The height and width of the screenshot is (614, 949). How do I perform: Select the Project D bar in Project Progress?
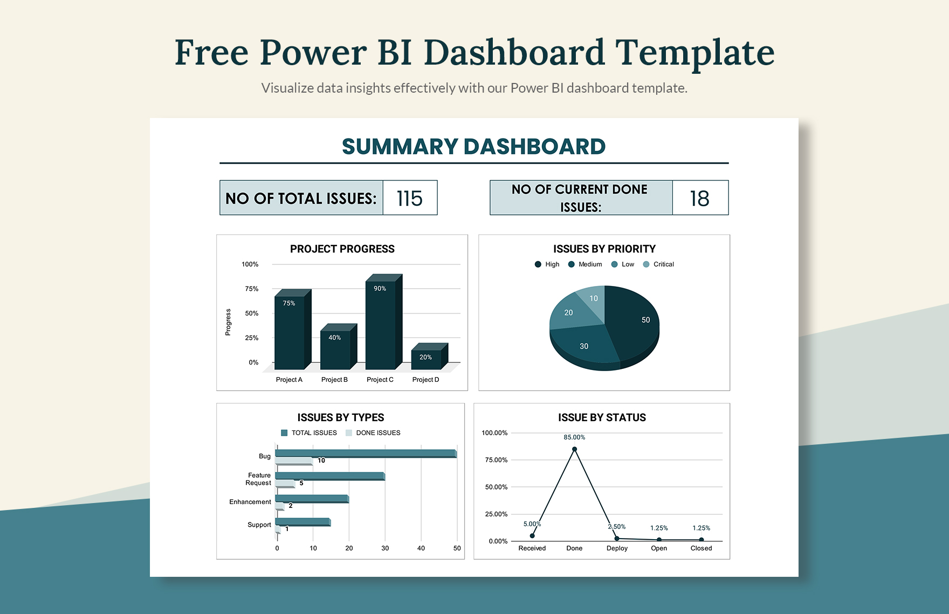426,359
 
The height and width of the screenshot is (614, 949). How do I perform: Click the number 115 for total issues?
410,198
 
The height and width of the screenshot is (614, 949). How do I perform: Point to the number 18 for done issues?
700,198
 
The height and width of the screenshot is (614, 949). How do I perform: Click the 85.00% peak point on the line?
574,449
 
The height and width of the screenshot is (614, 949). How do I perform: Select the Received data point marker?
532,536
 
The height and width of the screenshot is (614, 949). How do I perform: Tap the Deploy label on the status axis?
617,548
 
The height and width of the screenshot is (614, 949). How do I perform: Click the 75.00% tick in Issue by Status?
496,460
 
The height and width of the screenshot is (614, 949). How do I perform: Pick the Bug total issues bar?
366,453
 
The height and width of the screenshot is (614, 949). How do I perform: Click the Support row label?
259,525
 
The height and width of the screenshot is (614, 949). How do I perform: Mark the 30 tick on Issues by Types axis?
385,548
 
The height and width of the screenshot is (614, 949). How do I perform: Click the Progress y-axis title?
228,322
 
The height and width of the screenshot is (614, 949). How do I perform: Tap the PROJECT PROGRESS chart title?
342,249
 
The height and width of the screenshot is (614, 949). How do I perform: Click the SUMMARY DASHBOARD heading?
473,146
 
